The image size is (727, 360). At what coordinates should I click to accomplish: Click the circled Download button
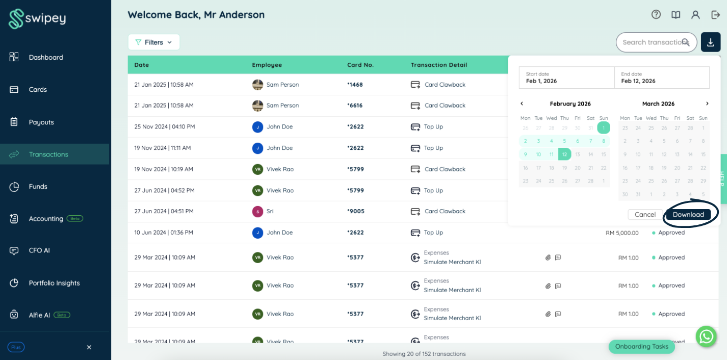tap(688, 215)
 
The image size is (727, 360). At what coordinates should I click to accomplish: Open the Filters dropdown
tap(154, 42)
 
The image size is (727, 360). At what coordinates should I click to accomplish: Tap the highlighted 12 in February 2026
tap(564, 154)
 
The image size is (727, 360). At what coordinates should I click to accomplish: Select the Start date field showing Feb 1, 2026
tap(567, 78)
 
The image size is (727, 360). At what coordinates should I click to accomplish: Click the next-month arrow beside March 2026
tap(707, 104)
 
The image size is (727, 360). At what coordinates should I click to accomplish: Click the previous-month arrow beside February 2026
tap(522, 104)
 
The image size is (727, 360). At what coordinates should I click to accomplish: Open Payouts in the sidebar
tap(41, 122)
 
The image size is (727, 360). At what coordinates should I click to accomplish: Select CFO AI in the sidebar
tap(39, 250)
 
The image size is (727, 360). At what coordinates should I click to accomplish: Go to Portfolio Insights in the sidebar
tap(54, 282)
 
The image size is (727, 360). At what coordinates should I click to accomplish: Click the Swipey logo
tap(37, 18)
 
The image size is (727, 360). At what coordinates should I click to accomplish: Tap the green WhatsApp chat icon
tap(706, 337)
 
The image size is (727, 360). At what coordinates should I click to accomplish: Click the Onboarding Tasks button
tap(642, 346)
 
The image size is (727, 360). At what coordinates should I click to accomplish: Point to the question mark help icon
tap(656, 15)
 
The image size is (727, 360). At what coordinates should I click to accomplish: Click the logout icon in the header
tap(715, 15)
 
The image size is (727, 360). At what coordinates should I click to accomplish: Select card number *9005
tap(356, 211)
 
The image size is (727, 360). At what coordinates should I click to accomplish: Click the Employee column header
tap(267, 65)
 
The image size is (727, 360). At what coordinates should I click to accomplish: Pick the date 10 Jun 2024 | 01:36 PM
tap(164, 233)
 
